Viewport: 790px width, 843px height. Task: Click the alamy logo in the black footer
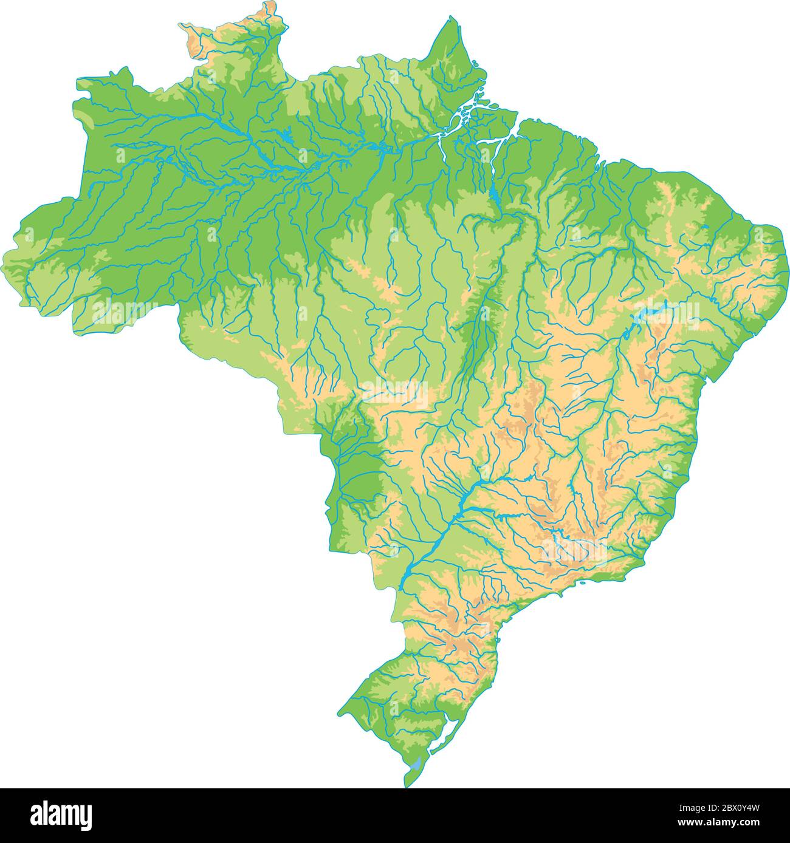(61, 814)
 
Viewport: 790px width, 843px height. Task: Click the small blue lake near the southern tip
(415, 766)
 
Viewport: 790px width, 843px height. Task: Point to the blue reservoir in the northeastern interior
(647, 313)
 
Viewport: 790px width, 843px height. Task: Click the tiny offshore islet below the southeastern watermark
(582, 584)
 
